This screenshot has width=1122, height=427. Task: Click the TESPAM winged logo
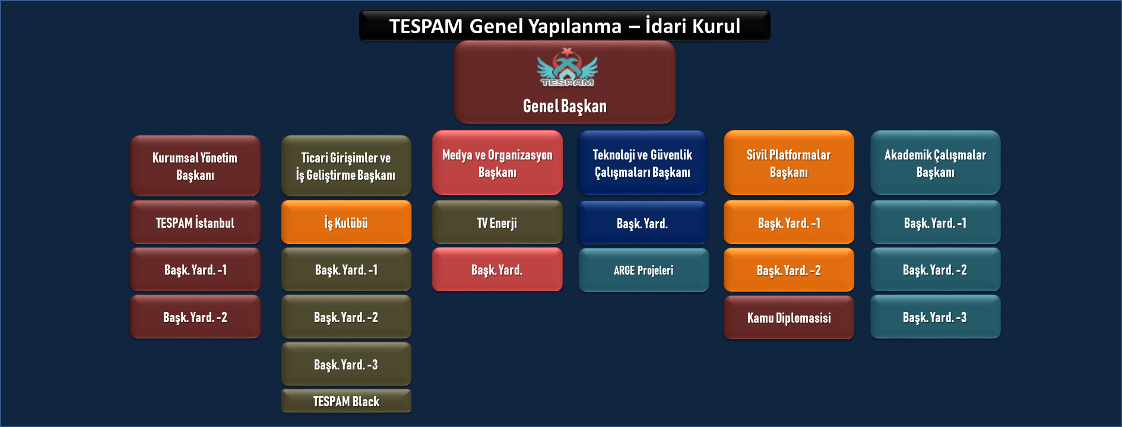tap(567, 68)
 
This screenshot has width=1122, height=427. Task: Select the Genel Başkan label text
tap(565, 106)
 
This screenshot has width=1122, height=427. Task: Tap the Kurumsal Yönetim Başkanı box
tap(195, 166)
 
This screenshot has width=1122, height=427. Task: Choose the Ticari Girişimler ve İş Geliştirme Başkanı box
tap(346, 166)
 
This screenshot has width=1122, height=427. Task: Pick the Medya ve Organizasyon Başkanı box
tap(497, 163)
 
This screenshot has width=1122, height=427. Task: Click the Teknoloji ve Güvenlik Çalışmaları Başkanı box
tap(642, 163)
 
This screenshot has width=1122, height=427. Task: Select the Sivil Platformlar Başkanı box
tap(789, 163)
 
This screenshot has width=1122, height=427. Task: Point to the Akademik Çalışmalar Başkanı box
tap(936, 163)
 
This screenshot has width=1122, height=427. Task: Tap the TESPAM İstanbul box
tap(195, 222)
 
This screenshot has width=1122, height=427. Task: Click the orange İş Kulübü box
tap(346, 222)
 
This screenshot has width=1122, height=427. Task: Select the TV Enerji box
tap(497, 222)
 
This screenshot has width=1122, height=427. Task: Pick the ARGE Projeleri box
tap(644, 270)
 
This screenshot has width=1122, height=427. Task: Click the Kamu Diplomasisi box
tap(789, 317)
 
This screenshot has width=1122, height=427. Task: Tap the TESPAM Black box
tap(346, 401)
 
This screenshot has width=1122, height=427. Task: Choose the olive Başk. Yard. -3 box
tap(346, 364)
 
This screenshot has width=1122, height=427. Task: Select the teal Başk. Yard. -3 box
tap(936, 317)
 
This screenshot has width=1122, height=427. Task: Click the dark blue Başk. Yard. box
tap(642, 223)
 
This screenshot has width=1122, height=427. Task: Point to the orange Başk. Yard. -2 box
tap(789, 270)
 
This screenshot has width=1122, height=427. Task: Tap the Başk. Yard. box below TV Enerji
tap(497, 269)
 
